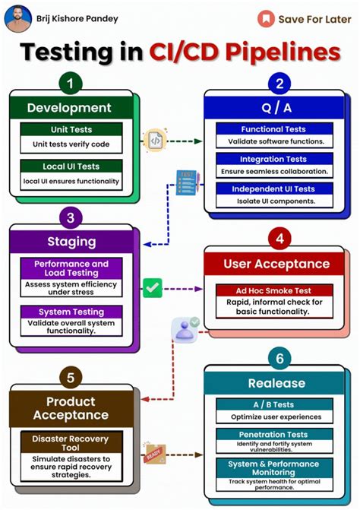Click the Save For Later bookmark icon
point(265,18)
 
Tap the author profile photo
point(18,18)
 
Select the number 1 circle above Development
point(70,83)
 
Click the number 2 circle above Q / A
point(279,84)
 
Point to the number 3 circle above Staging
point(70,219)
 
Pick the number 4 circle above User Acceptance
point(279,239)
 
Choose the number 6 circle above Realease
point(279,356)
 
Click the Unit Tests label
point(71,130)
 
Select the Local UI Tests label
point(71,166)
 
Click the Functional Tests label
point(273,129)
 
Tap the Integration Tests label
point(273,159)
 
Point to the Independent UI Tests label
point(273,188)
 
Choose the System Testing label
point(71,311)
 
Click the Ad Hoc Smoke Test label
point(274,290)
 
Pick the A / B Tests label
point(273,405)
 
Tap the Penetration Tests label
point(273,434)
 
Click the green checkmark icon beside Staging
point(153,287)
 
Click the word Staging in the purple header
point(71,242)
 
